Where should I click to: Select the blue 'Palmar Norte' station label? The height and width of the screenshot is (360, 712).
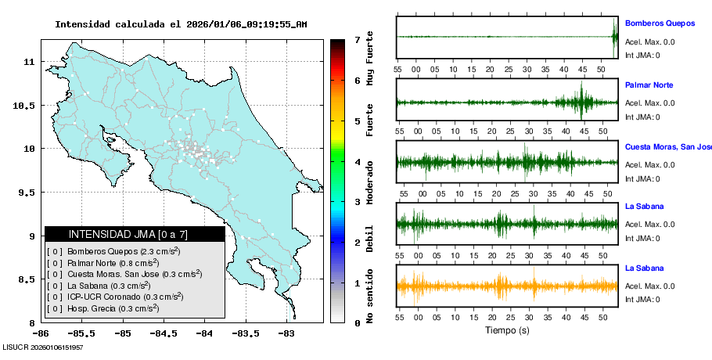[x=649, y=85]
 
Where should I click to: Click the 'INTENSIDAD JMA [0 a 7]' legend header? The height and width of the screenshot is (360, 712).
[x=135, y=234]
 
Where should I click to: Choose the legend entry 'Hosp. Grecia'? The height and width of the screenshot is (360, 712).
[x=113, y=308]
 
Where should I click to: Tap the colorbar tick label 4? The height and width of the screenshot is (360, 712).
[x=357, y=162]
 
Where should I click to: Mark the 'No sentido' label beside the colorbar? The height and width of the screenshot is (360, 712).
[x=370, y=298]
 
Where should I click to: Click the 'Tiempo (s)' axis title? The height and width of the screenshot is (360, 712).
[x=507, y=330]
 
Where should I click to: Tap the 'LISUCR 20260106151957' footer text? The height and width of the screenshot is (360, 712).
[x=42, y=347]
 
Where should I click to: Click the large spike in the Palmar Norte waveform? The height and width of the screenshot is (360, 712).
[x=581, y=100]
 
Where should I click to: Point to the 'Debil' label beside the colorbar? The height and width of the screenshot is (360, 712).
[x=370, y=239]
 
